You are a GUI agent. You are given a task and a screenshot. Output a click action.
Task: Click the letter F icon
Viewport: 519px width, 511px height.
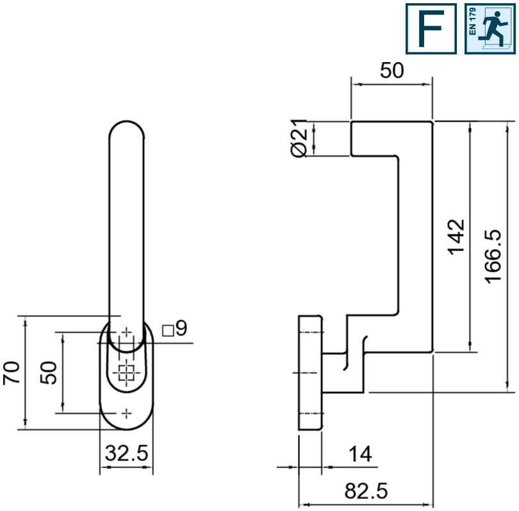coord(431,29)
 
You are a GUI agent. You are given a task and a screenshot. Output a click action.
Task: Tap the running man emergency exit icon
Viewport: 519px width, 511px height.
coord(490,29)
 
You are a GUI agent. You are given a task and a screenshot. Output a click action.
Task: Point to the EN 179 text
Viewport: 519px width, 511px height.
coord(472,22)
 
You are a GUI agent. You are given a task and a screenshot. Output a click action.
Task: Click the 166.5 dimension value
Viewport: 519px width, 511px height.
coord(493,256)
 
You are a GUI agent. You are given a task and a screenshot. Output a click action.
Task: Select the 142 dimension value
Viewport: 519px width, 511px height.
coord(456,237)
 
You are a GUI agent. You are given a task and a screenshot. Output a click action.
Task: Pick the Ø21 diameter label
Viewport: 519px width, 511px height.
coord(299,138)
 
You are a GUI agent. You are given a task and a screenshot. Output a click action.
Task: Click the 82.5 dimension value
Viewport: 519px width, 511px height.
coord(366,491)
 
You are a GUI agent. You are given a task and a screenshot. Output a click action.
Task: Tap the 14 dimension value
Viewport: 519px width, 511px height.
coord(361,454)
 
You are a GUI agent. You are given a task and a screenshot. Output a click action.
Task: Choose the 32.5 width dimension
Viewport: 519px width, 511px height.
coord(126,453)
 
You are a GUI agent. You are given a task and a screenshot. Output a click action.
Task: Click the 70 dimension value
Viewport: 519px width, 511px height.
coord(12,373)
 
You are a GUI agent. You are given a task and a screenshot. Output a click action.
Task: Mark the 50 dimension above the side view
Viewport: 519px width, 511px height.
coord(392,70)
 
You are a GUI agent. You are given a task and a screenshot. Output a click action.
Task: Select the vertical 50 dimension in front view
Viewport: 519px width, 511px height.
coord(48,373)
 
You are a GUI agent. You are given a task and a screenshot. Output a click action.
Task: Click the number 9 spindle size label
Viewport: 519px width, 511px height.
coord(181,328)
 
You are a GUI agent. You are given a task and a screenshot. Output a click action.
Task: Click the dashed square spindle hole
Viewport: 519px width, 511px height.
coord(126,373)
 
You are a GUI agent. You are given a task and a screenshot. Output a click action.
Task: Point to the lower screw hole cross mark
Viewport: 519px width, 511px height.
coord(126,414)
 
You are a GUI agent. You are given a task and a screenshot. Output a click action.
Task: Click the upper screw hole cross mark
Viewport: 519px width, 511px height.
coord(126,332)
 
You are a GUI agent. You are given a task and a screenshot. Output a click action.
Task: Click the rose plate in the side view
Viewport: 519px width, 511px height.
coord(310,373)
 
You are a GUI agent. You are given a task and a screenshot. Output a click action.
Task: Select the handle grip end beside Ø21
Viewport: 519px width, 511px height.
coord(352,138)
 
